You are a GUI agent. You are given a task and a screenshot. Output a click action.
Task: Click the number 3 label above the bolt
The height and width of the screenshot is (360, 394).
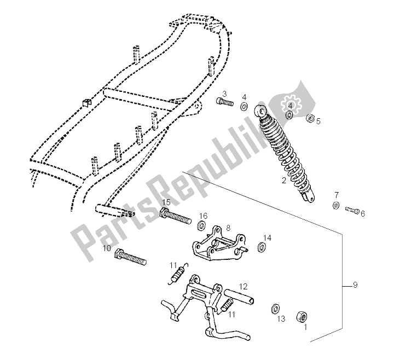(224, 94)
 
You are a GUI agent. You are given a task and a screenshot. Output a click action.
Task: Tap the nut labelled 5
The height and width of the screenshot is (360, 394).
(311, 118)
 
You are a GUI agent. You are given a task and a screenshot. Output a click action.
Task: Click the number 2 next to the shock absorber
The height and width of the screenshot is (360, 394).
(283, 180)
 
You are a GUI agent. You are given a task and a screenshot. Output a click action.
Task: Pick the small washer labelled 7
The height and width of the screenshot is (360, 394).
(335, 206)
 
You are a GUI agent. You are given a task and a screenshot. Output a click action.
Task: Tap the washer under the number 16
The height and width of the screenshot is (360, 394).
(201, 225)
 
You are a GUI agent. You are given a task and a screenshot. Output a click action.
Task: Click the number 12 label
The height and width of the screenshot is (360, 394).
(244, 286)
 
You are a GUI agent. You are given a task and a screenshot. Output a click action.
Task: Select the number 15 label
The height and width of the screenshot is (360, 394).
(166, 202)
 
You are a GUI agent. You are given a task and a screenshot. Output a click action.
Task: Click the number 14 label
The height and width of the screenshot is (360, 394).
(266, 237)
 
